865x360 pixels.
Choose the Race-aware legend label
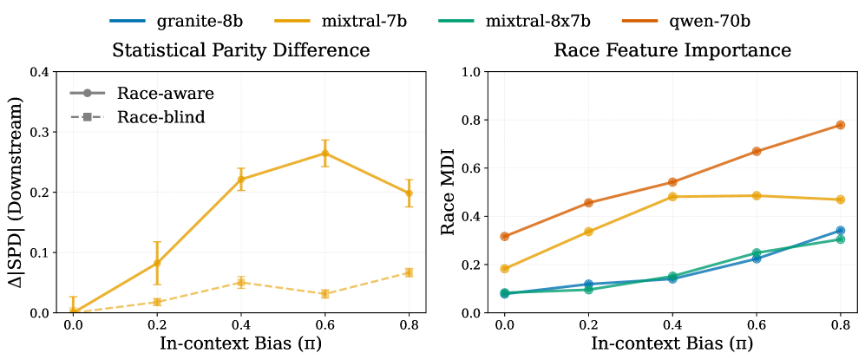click(166, 92)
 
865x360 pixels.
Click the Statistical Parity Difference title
click(241, 50)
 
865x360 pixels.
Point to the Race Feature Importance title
click(672, 50)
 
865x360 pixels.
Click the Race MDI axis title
click(449, 193)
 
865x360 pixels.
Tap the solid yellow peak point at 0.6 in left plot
click(324, 154)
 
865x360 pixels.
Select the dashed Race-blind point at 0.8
click(409, 272)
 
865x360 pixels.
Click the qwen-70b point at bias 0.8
click(840, 125)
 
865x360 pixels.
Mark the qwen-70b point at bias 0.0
click(504, 236)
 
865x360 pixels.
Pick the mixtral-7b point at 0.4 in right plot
click(672, 197)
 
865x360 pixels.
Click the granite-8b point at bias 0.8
click(840, 231)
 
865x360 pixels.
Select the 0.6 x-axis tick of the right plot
click(756, 324)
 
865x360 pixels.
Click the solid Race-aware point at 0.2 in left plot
click(157, 263)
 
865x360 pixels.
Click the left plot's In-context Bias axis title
click(241, 343)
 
